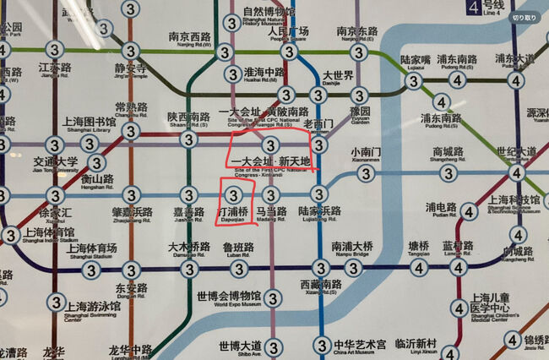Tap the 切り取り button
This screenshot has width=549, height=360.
524,17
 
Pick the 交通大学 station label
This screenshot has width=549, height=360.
55,164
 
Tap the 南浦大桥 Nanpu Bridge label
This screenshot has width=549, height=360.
352,248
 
